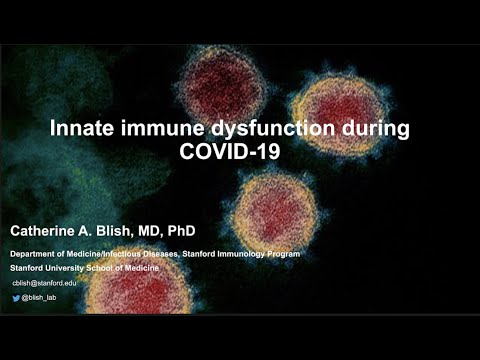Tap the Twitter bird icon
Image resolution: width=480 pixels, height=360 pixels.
click(x=16, y=299)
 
